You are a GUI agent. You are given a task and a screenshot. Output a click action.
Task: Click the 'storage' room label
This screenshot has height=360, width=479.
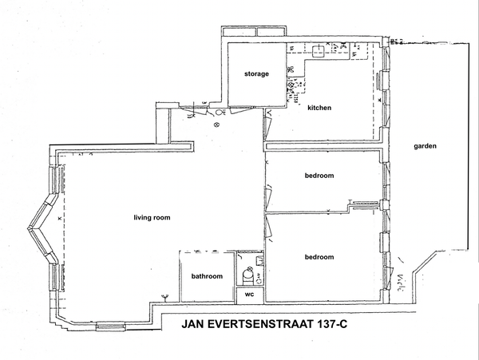[x=256, y=74]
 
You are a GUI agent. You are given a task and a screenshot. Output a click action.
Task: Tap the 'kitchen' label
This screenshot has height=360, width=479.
[x=319, y=108]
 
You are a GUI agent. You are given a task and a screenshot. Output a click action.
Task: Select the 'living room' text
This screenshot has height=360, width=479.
[x=152, y=218]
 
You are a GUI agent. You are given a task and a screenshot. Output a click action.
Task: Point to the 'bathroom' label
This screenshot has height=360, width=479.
[x=207, y=276]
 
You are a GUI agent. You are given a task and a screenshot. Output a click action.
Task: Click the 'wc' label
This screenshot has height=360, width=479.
[x=250, y=295]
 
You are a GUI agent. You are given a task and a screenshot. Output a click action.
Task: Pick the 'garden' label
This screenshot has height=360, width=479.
[x=425, y=146]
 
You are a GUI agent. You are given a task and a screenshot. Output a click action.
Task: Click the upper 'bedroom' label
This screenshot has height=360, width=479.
[x=319, y=176]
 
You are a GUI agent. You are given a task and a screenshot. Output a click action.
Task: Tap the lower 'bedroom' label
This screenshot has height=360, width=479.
[x=319, y=257]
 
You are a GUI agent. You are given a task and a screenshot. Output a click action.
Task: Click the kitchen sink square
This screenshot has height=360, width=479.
[x=318, y=51]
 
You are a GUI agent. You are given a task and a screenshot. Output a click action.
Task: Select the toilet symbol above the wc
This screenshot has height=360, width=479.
[x=247, y=275]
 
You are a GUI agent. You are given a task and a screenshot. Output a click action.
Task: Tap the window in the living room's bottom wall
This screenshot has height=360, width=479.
[x=111, y=326]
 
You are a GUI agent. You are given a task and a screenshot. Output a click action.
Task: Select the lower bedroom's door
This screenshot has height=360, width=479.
[x=268, y=227]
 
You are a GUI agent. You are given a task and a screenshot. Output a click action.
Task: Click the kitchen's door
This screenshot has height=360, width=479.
[x=267, y=126]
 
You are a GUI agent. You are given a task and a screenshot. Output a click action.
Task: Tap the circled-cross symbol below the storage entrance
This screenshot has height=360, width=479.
[x=217, y=125]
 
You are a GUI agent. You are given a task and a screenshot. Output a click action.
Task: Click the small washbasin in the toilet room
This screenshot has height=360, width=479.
[x=259, y=261]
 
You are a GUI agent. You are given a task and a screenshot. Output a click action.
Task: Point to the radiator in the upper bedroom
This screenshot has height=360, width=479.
[x=365, y=205]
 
